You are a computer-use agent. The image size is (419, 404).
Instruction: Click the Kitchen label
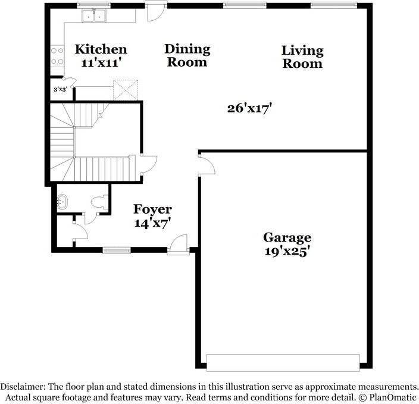pyautogui.click(x=101, y=49)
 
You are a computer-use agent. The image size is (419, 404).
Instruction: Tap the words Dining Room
pyautogui.click(x=187, y=55)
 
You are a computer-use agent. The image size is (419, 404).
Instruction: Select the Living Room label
pyautogui.click(x=302, y=57)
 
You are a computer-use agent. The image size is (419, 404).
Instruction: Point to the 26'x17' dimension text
pyautogui.click(x=250, y=108)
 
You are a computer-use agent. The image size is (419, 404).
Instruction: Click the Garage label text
pyautogui.click(x=287, y=238)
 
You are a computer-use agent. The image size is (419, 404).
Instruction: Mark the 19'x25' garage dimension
pyautogui.click(x=287, y=251)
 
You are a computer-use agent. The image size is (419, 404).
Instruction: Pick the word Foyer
pyautogui.click(x=152, y=209)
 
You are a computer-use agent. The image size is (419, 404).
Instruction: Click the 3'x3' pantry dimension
pyautogui.click(x=60, y=89)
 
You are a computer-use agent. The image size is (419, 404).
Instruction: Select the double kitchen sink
pyautogui.click(x=94, y=17)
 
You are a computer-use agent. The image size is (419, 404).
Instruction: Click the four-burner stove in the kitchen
pyautogui.click(x=57, y=56)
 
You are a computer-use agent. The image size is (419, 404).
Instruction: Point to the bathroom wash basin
pyautogui.click(x=62, y=202)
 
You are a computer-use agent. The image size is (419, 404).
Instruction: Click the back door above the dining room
pyautogui.click(x=155, y=12)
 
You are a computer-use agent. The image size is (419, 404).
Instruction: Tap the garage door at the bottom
pyautogui.click(x=283, y=362)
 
